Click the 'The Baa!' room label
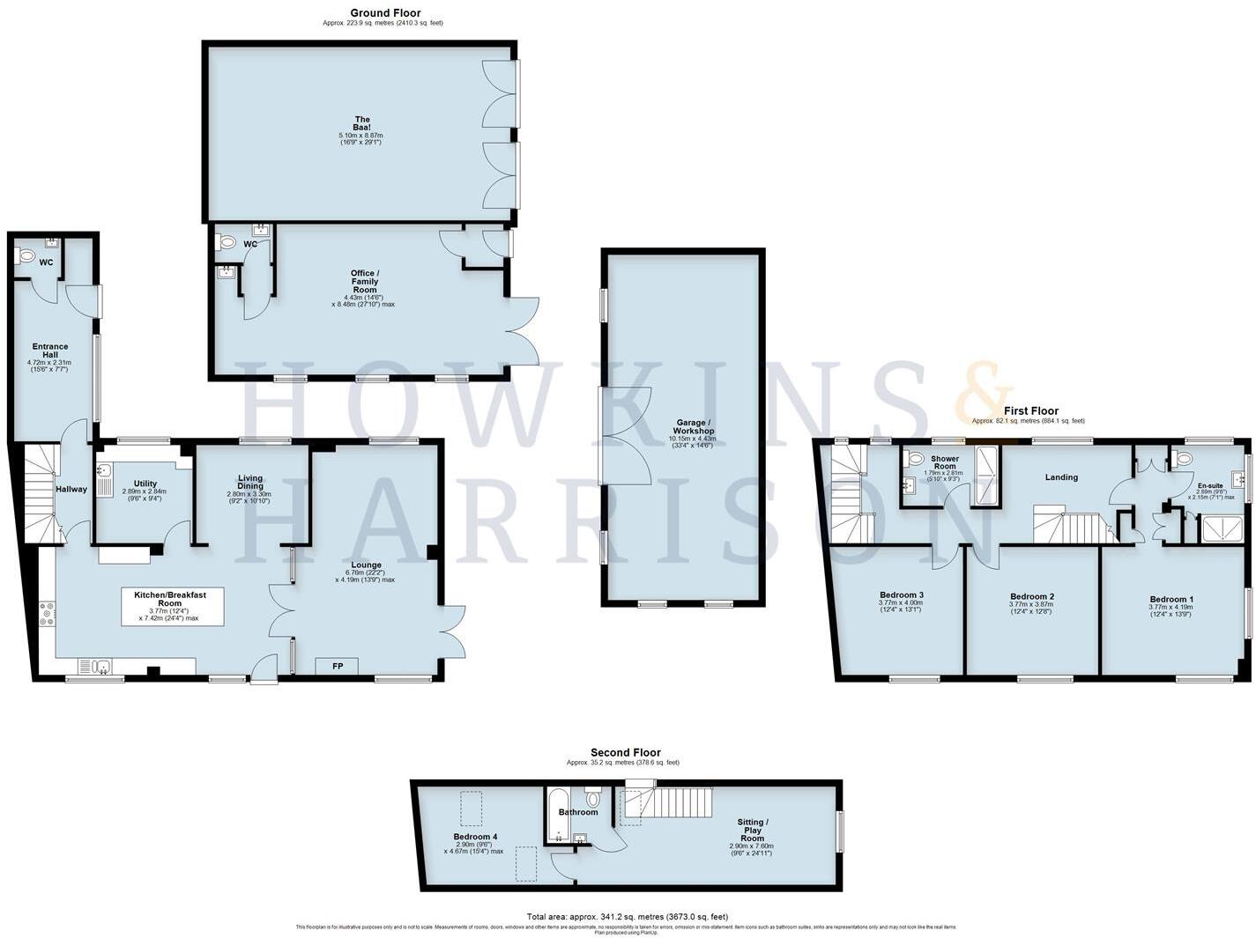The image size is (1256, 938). click(361, 124)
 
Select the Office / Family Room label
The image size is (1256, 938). click(364, 282)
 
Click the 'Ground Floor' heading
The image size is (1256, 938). click(385, 13)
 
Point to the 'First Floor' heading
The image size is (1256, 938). click(1031, 410)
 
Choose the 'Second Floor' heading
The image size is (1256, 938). click(625, 752)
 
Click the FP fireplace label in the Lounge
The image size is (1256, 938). click(337, 666)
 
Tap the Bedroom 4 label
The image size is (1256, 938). click(476, 837)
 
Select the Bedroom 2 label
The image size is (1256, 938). click(1032, 596)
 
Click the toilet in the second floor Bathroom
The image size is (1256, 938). click(592, 799)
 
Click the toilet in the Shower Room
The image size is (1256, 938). click(914, 458)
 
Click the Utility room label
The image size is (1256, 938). click(145, 484)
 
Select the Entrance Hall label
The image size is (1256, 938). click(50, 351)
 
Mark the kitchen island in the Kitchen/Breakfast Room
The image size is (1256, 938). click(172, 608)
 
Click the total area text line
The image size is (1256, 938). click(627, 917)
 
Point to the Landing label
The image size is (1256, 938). click(1061, 477)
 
